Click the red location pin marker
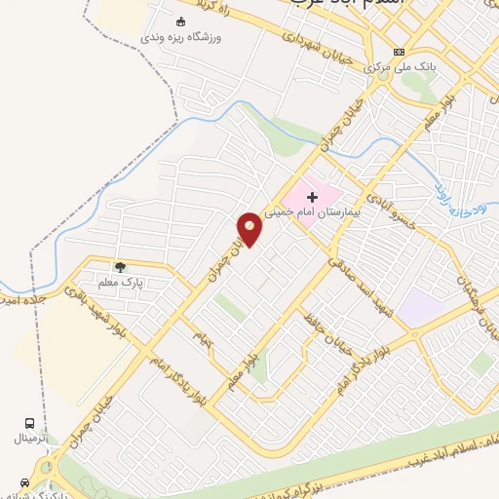250,228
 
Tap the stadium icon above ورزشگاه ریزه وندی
178,21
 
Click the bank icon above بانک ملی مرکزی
398,52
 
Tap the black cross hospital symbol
313,197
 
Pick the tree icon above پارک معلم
120,266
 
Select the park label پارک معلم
125,282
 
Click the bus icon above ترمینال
30,423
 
